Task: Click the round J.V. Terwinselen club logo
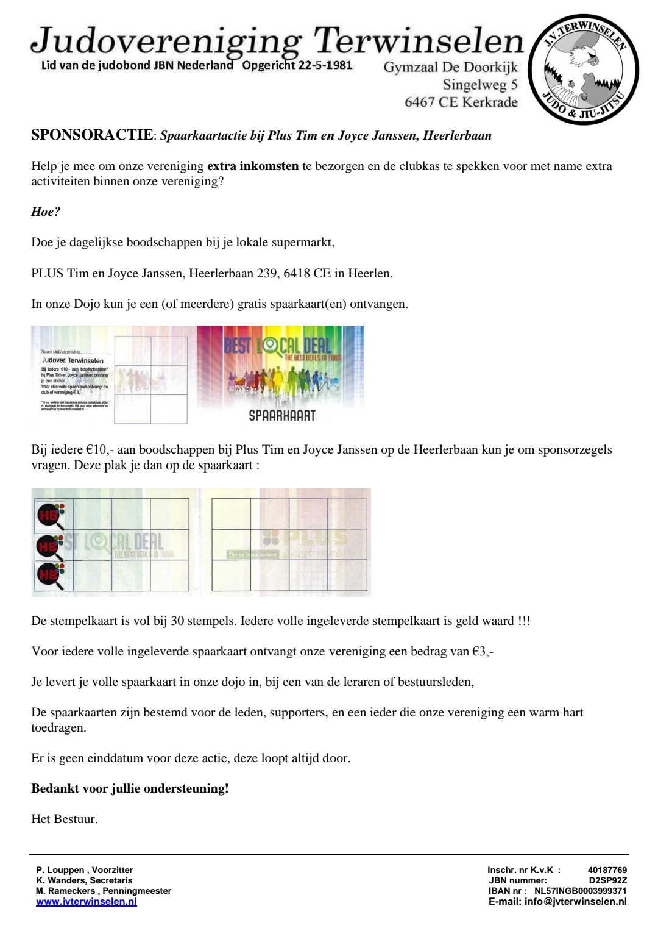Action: tap(583, 68)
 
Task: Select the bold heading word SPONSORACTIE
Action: tap(91, 135)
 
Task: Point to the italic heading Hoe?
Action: tap(46, 212)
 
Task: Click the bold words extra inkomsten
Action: tap(253, 166)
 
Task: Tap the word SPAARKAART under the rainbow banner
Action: tap(282, 415)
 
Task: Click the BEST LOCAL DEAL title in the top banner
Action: tap(278, 345)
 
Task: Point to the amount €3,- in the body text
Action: tap(483, 651)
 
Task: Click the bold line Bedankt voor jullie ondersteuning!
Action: tap(130, 788)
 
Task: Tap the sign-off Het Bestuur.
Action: tap(65, 819)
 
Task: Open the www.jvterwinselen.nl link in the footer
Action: tap(87, 902)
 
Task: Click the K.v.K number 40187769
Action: tap(607, 870)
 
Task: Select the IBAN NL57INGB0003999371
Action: tap(580, 891)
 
